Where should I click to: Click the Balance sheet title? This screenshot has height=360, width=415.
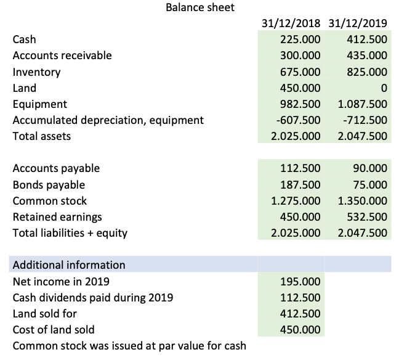tap(200, 8)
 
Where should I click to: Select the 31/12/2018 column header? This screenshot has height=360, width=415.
tap(291, 25)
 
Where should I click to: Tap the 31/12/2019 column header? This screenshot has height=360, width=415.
tap(358, 25)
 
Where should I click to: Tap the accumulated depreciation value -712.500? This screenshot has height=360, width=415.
tap(366, 120)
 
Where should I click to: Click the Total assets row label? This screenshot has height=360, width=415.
tap(42, 136)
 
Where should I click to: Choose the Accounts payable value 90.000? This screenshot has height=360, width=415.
tap(370, 168)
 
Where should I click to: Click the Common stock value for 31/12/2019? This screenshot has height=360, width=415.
tap(363, 201)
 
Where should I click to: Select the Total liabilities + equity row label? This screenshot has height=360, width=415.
tap(70, 233)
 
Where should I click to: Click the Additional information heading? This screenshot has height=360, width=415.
tap(69, 265)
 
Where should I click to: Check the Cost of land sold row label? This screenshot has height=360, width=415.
tap(54, 329)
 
